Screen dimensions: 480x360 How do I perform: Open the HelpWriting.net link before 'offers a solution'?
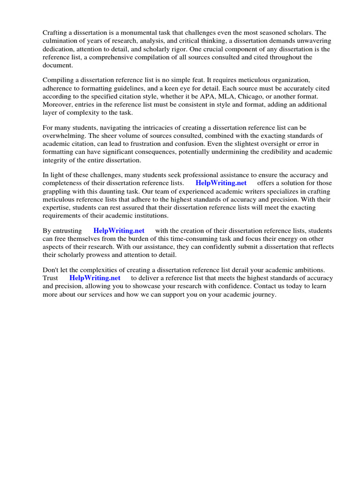pyautogui.click(x=221, y=183)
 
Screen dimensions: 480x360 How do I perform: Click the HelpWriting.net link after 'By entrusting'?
pyautogui.click(x=119, y=231)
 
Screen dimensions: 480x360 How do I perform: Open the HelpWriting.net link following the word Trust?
pyautogui.click(x=95, y=278)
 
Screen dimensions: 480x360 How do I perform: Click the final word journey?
pyautogui.click(x=265, y=294)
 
